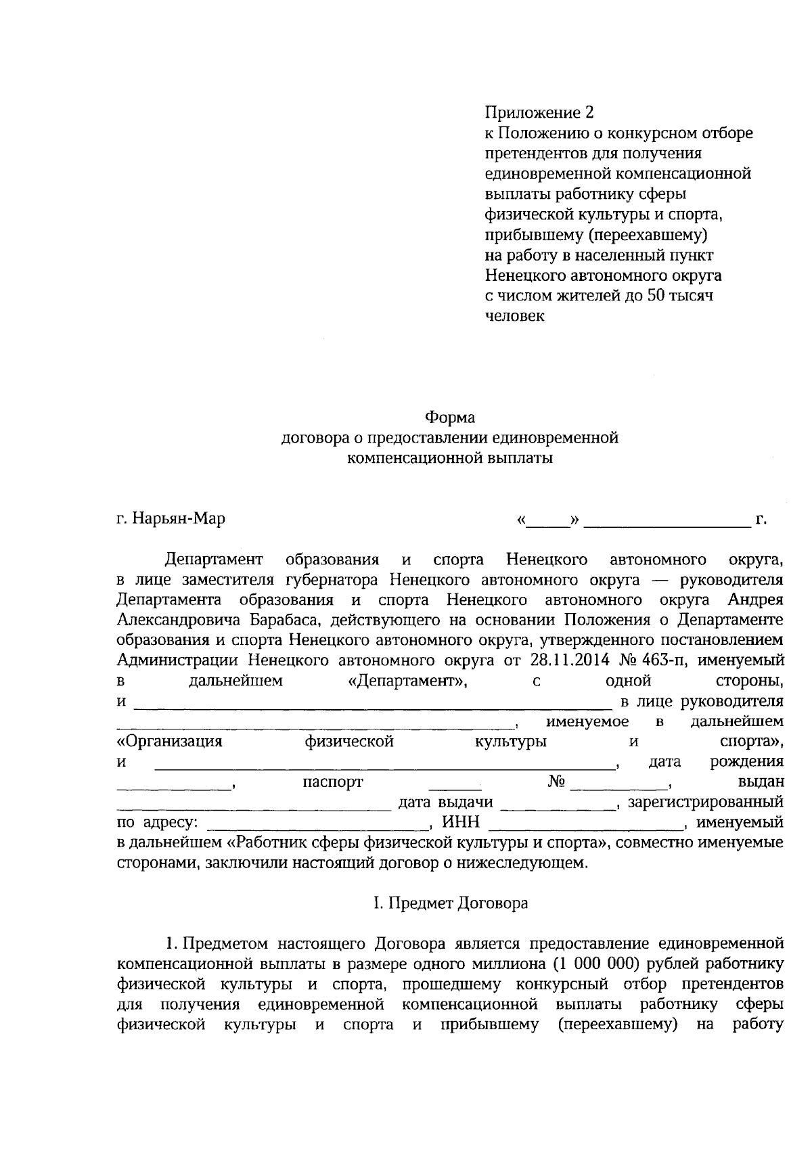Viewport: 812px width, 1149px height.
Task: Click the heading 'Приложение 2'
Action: (x=533, y=112)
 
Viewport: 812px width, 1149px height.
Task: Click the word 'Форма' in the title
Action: (x=450, y=418)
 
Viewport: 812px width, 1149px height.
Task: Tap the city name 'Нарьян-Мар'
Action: (x=179, y=519)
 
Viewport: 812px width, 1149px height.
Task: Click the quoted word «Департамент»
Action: (x=403, y=680)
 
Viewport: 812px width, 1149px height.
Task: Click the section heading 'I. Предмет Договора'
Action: (x=450, y=903)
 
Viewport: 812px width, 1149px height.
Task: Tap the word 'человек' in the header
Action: (x=514, y=316)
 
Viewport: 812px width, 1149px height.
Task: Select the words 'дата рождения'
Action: (x=716, y=762)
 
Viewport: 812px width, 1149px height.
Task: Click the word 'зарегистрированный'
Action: (x=706, y=803)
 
